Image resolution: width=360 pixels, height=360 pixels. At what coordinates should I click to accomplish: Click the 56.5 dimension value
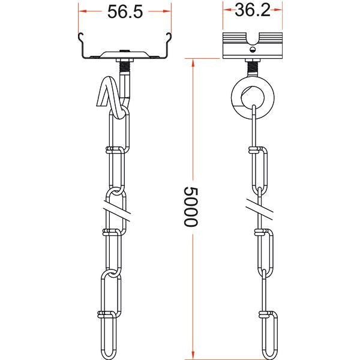click(x=125, y=12)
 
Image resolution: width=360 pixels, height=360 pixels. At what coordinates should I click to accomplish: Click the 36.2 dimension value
click(x=253, y=10)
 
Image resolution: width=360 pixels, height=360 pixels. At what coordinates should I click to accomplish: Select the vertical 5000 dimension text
click(x=191, y=206)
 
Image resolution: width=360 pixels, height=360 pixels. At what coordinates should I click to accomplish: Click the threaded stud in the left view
click(x=125, y=67)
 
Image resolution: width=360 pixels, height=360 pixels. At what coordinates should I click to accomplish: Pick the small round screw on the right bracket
click(x=253, y=49)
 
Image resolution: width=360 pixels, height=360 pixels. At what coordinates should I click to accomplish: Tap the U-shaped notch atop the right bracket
click(x=253, y=39)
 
